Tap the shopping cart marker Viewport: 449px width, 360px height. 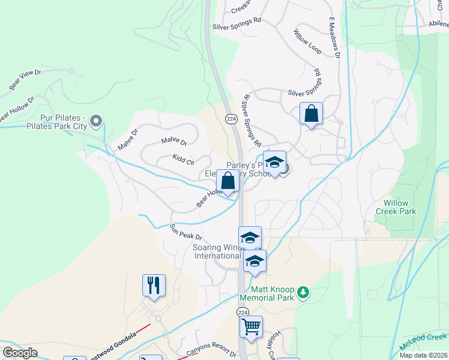coord(251,327)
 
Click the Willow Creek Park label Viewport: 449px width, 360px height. coord(396,207)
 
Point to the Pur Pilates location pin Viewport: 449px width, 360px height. coord(97,122)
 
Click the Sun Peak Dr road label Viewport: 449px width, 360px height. coord(185,233)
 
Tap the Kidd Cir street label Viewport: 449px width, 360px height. coord(183,160)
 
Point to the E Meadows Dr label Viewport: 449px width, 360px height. coord(334,35)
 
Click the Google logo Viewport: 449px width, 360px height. coord(20,353)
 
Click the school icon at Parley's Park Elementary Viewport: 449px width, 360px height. coord(274,162)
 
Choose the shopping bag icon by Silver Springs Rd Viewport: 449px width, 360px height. coord(312,113)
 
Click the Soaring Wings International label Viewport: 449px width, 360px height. coord(217,251)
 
